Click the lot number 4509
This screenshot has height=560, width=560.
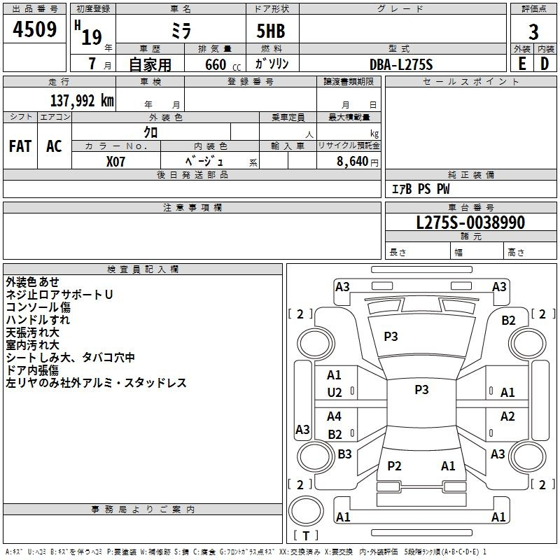tap(35, 30)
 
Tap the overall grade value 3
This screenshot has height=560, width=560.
tap(533, 32)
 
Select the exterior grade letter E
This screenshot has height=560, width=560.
tap(521, 63)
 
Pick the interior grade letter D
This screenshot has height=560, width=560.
tap(545, 63)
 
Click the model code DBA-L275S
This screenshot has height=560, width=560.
tap(401, 64)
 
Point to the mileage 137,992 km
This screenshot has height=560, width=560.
tap(82, 100)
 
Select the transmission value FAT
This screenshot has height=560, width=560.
tap(20, 146)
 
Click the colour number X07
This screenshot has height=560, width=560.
tap(116, 161)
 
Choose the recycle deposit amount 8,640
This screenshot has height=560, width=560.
tap(352, 161)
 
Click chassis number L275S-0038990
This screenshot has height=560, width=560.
tap(470, 223)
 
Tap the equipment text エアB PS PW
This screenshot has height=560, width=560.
tap(420, 189)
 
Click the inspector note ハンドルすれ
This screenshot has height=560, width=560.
tap(38, 320)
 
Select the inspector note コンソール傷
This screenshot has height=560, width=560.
tap(38, 307)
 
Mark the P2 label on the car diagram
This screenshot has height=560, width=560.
tap(394, 465)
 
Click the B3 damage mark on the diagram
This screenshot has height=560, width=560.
tap(344, 454)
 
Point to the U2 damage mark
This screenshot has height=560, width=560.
tap(335, 393)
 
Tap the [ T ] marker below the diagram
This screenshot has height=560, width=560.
tap(306, 535)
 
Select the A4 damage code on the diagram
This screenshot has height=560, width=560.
tap(335, 416)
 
